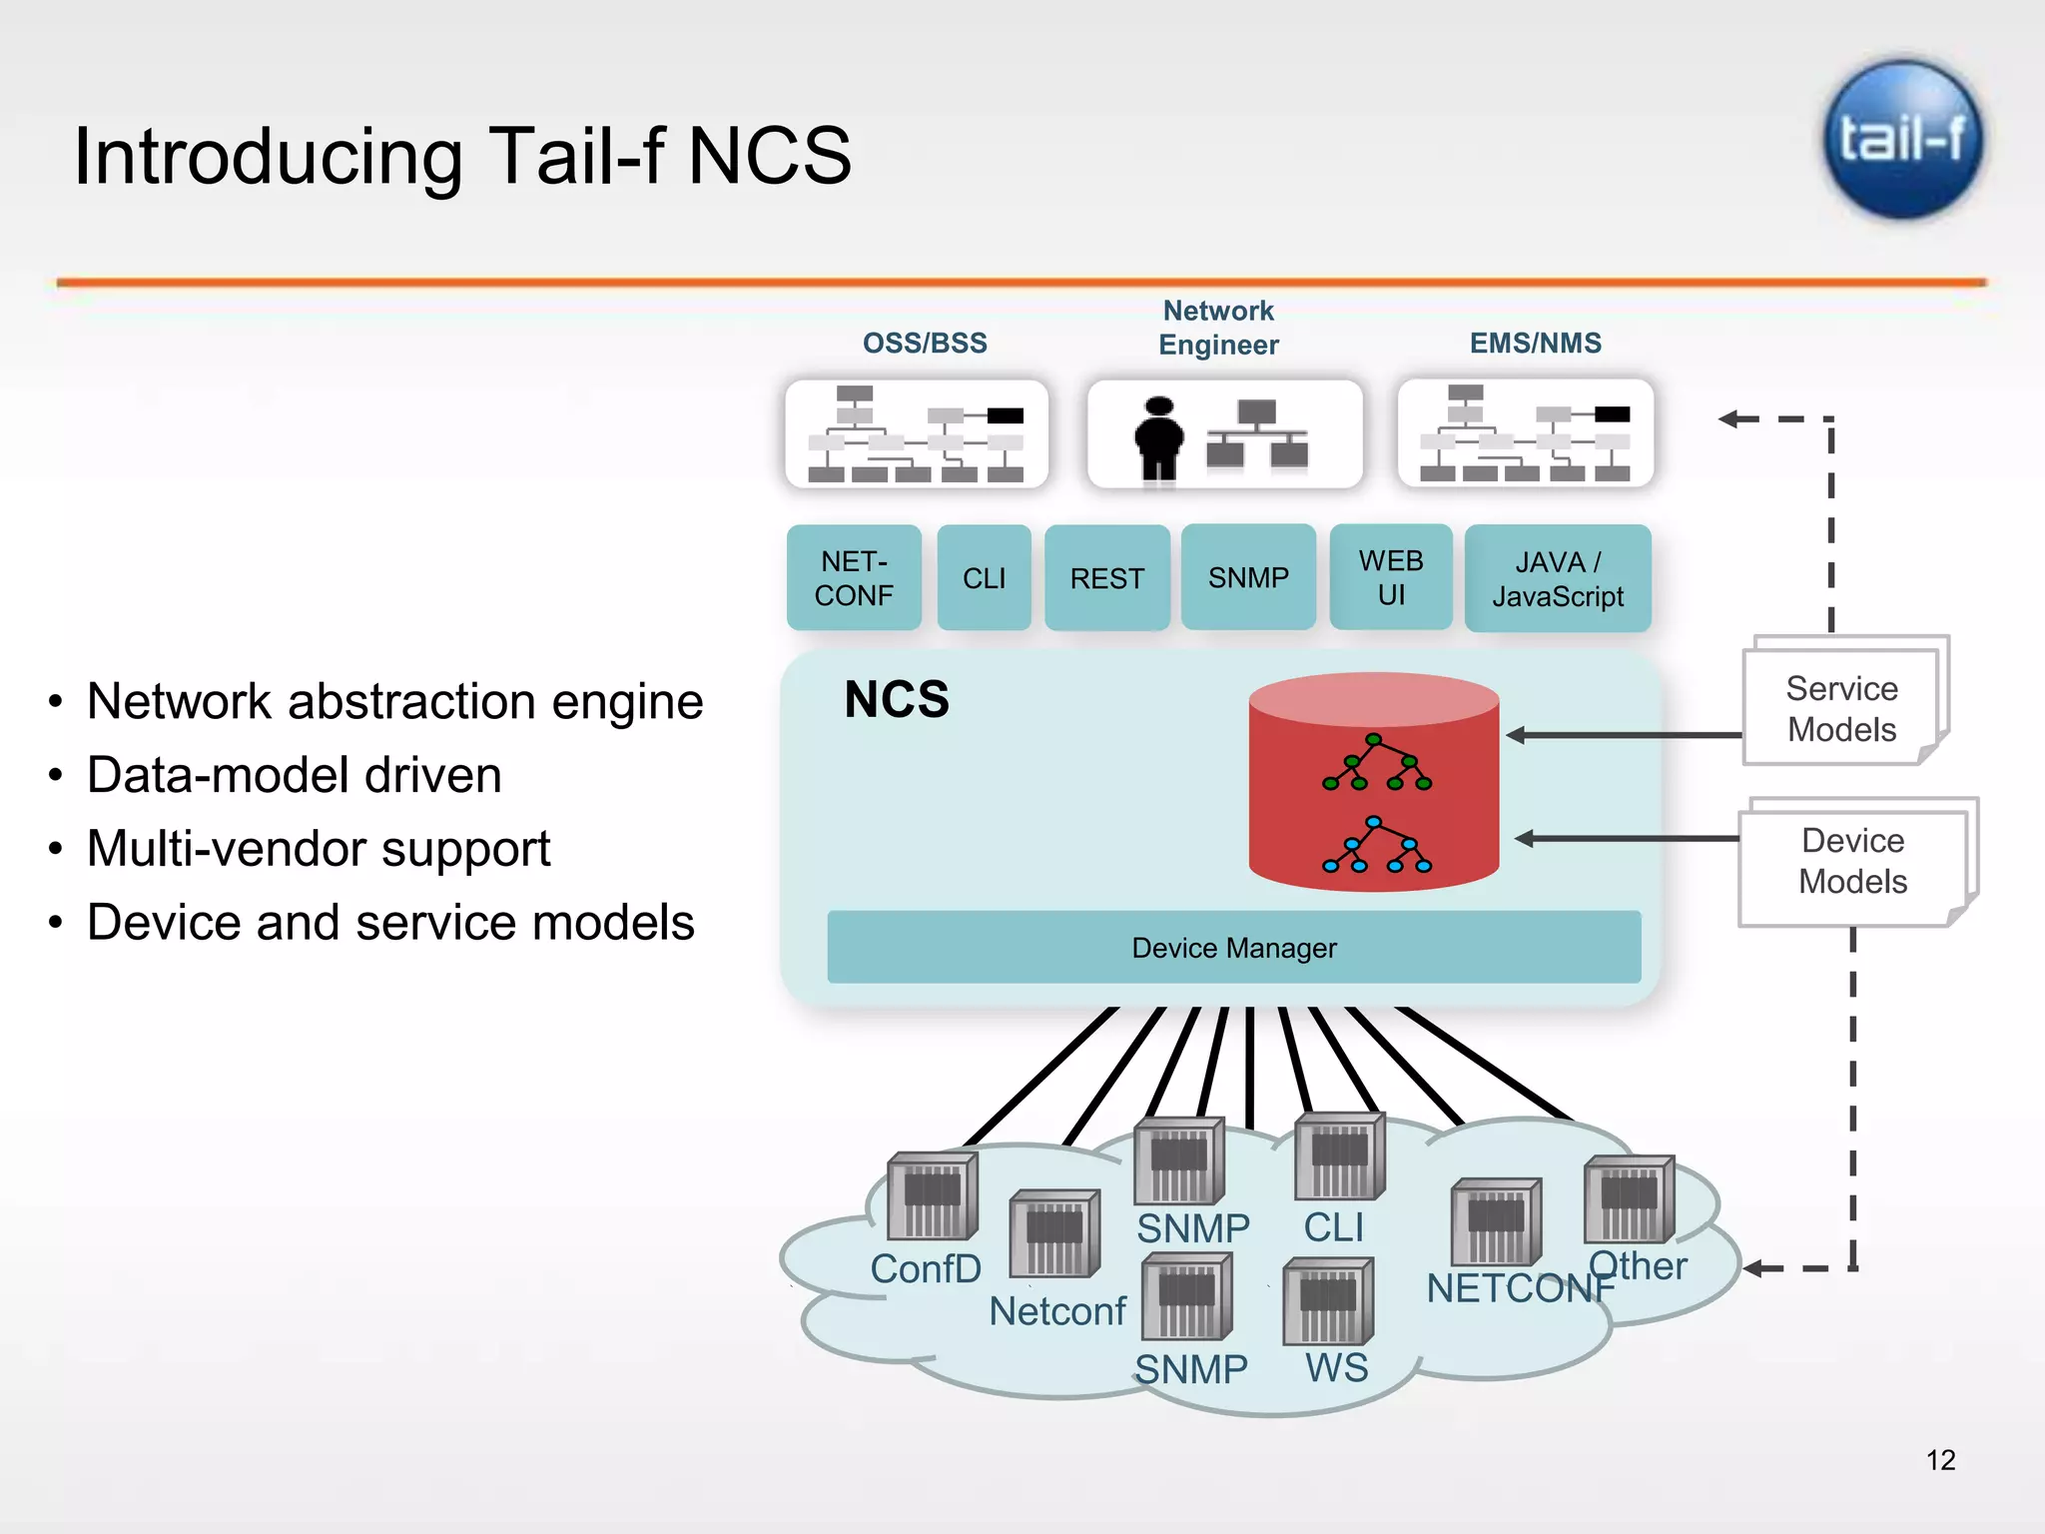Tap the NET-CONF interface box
[854, 578]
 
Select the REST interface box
[1106, 578]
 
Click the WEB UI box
[1391, 577]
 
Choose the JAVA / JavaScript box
[1557, 578]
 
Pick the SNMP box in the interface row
[1248, 577]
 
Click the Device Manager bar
[1233, 947]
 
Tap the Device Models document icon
[1852, 861]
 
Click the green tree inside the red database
[1376, 763]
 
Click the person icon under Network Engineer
[1158, 437]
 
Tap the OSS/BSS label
[925, 343]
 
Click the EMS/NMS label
[1535, 343]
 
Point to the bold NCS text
[896, 699]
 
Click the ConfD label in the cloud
[925, 1268]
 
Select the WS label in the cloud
[1336, 1367]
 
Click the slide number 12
[1940, 1460]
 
